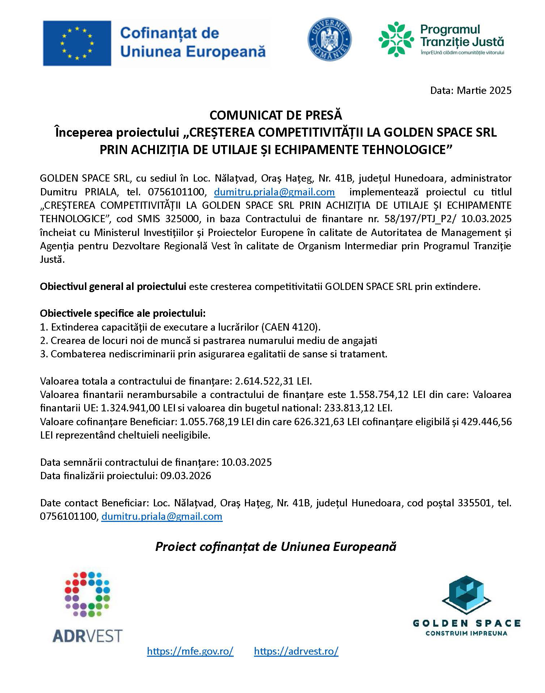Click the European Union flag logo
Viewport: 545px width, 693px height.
point(77,43)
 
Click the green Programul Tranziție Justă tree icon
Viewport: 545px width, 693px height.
point(396,39)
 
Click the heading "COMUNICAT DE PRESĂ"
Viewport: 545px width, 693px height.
point(276,115)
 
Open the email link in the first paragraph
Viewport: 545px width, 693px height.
point(274,192)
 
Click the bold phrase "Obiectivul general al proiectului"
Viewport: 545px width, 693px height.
point(113,287)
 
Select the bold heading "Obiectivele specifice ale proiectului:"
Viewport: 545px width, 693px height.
point(123,313)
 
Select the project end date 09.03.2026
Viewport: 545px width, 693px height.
point(186,476)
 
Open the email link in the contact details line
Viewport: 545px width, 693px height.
point(162,516)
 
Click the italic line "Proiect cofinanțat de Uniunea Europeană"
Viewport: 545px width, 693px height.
point(276,547)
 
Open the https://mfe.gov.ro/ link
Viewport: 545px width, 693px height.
point(190,651)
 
